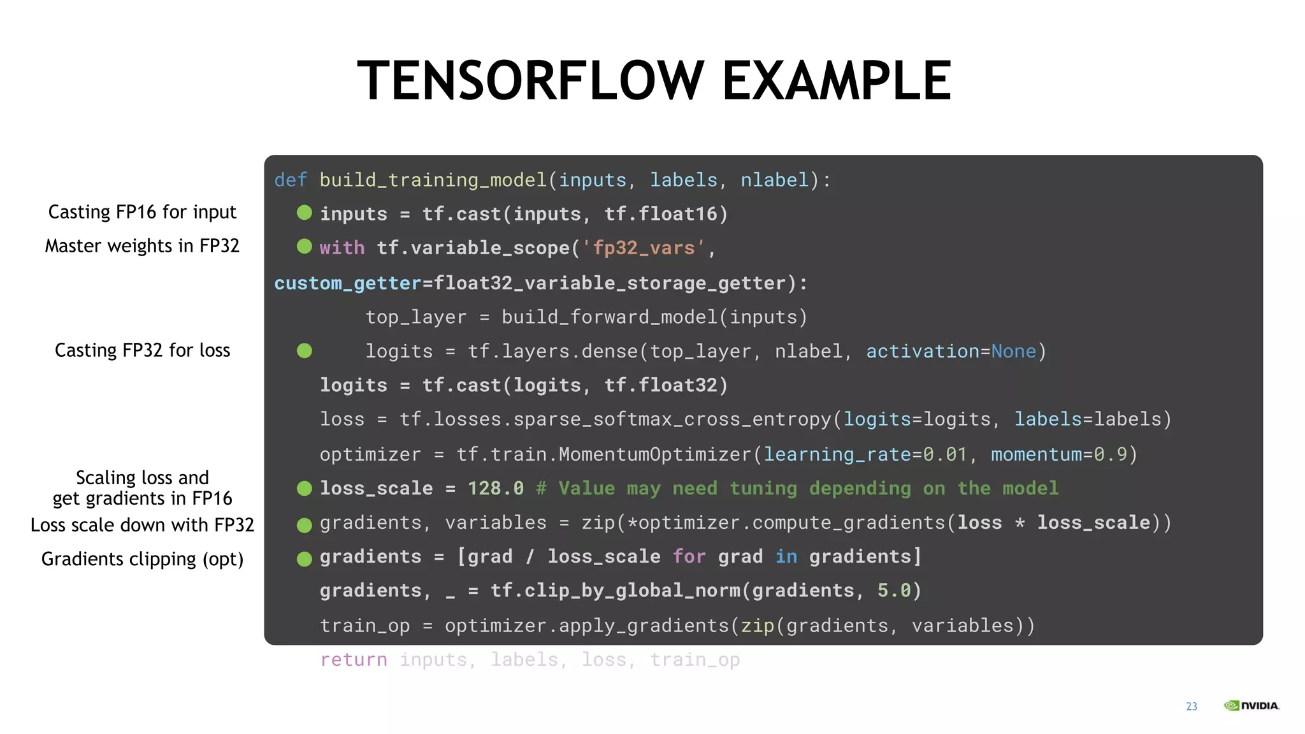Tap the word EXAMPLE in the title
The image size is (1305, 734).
[x=837, y=81]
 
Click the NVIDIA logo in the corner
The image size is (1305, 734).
[x=1251, y=705]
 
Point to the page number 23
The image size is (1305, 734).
[x=1192, y=707]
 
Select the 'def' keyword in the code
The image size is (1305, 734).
[x=291, y=180]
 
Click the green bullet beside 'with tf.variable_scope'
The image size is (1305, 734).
[x=305, y=247]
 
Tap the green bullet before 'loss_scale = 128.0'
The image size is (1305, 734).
[x=305, y=489]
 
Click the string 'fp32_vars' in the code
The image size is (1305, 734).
[x=644, y=248]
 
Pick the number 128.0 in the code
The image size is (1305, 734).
[x=496, y=489]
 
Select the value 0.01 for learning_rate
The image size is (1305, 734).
[x=946, y=454]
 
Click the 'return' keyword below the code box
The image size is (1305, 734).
[x=354, y=660]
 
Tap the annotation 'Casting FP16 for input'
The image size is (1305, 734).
[x=142, y=212]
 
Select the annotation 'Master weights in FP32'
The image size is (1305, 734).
[x=142, y=246]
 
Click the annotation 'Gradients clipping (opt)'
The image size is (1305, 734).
[x=142, y=559]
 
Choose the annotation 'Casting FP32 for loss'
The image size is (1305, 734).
[x=142, y=350]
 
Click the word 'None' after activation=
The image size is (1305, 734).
[x=1013, y=352]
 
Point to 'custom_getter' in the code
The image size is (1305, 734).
[x=348, y=284]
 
